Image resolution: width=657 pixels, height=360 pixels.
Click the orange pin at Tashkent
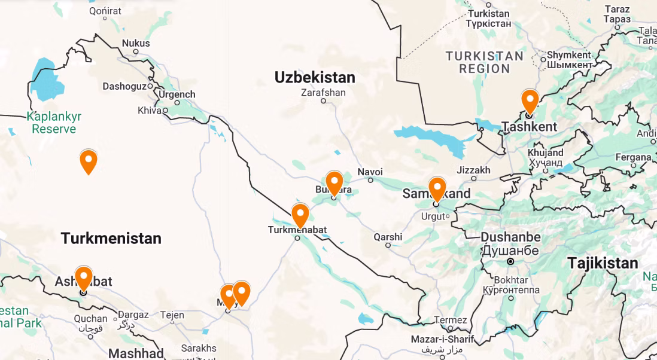coord(530,100)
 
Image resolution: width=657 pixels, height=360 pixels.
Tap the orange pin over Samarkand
coord(437,189)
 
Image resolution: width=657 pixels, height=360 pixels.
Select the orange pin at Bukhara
coord(334,182)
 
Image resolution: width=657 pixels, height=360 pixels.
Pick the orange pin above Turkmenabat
coord(300,215)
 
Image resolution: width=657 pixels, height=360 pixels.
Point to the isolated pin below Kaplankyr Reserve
coord(89,161)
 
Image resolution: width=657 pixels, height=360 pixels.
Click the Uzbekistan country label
coord(315,77)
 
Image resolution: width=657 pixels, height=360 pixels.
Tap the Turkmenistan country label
coord(111,239)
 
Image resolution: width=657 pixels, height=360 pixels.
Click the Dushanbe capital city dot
coord(510,262)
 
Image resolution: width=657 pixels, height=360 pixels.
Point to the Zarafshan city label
coord(323,93)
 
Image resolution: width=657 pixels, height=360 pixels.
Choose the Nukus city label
coord(136,43)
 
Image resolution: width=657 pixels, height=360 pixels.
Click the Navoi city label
coord(370,172)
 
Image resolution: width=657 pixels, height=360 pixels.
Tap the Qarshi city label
coord(388,237)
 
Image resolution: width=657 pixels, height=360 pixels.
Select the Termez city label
coord(450,320)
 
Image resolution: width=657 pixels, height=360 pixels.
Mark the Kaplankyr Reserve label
coord(54,123)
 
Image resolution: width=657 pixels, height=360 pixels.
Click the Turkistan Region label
coord(484,62)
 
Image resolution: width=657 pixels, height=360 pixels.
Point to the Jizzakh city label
coord(473,170)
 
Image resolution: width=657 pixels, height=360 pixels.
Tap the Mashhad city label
coord(136,353)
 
